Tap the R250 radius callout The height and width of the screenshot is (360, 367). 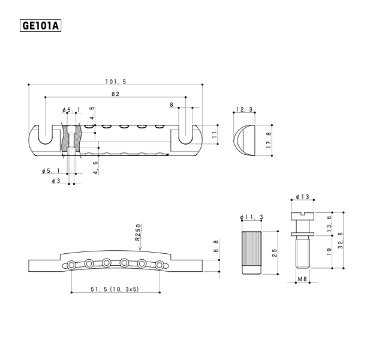coord(137,233)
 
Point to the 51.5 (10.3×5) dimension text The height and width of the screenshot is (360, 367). coord(115,289)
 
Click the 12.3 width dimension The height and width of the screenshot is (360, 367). coord(244,109)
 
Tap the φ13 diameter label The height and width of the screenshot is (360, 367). coord(302,197)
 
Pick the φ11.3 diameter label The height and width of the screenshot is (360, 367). coord(251,217)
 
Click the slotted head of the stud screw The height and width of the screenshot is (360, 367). coord(302,214)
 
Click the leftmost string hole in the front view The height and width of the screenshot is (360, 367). coord(71,265)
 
